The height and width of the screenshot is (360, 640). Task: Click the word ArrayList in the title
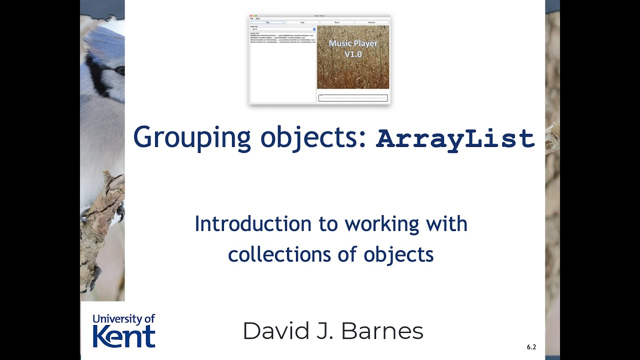point(455,139)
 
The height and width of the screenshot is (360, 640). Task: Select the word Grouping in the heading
point(192,138)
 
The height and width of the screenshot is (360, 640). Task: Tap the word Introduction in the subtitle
point(252,224)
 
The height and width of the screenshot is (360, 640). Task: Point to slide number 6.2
point(531,347)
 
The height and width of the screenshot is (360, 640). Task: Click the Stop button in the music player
point(302,22)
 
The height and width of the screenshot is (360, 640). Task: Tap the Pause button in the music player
point(337,22)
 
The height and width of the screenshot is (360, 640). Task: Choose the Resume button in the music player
point(371,22)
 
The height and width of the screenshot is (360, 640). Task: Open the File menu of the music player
point(252,18)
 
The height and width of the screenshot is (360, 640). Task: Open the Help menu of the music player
point(257,18)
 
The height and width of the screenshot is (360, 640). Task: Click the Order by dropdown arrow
point(314,29)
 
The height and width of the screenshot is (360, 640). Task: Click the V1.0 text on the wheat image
point(353,54)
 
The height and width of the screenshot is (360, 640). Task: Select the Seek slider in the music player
point(353,98)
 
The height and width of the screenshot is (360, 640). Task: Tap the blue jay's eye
point(120,70)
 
